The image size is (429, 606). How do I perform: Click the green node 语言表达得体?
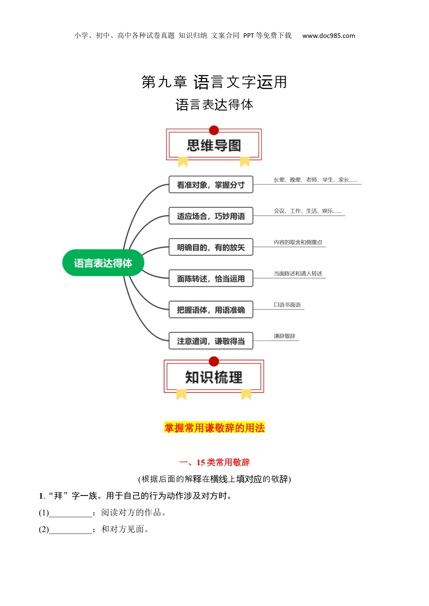[103, 263]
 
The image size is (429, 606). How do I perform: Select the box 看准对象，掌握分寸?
[211, 185]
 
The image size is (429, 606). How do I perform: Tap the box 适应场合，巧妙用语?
[211, 216]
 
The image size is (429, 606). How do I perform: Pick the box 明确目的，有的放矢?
[211, 247]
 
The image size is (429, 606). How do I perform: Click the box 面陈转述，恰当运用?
[211, 279]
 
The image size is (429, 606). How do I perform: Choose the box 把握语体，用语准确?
[211, 310]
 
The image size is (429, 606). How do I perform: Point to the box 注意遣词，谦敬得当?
[211, 341]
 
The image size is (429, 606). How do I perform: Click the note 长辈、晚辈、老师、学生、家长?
[315, 180]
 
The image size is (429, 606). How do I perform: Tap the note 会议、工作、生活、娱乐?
[308, 211]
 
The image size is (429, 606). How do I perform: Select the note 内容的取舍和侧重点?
[298, 242]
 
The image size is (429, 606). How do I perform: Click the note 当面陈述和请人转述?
[298, 274]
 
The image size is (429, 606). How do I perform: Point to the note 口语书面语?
[287, 305]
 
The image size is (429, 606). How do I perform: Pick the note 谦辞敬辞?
[284, 336]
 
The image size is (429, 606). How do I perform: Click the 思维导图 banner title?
[214, 146]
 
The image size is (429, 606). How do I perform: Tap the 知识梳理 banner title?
[214, 377]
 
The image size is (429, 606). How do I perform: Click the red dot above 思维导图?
[214, 130]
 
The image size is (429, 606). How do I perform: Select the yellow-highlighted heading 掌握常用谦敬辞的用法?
[214, 428]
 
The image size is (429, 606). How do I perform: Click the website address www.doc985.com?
[329, 36]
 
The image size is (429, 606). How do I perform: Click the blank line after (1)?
[70, 513]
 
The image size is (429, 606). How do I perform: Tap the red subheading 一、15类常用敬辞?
[214, 462]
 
